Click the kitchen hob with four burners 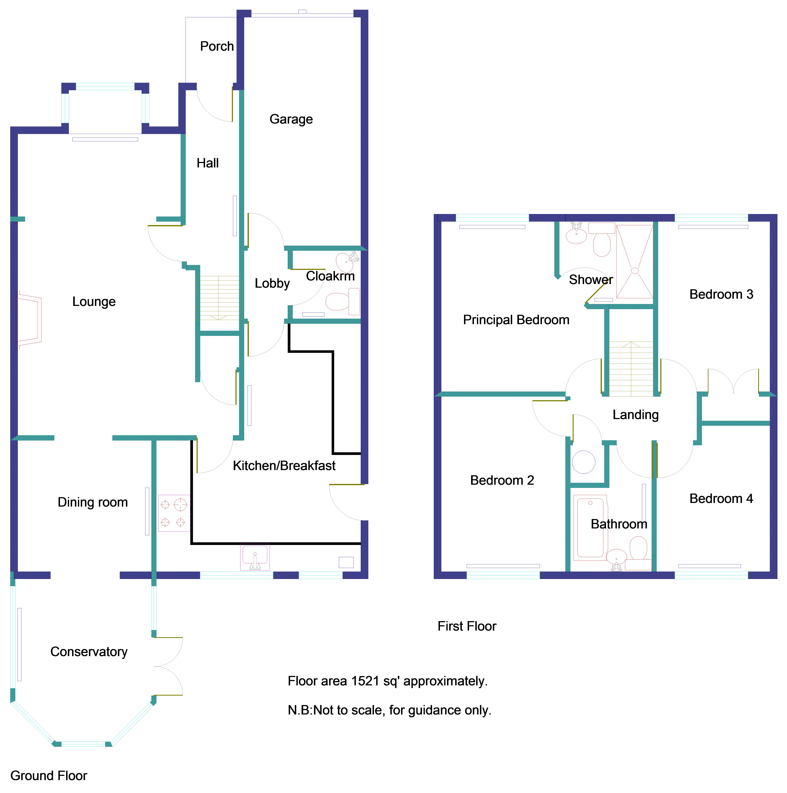click(174, 513)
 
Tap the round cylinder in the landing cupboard click(583, 462)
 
